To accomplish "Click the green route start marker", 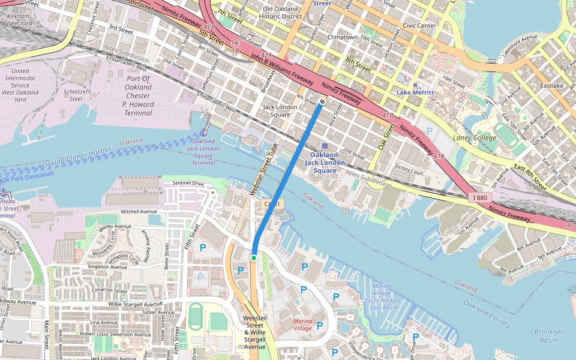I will coord(254,258).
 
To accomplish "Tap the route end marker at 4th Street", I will coord(322,102).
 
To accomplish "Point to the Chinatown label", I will coord(343,37).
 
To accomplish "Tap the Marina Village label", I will coord(302,325).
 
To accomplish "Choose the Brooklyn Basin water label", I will coord(548,335).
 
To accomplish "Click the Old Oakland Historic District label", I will coord(280,13).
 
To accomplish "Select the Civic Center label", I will coord(419,26).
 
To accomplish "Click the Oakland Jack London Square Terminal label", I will coord(203,152).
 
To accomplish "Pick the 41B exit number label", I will coord(388,115).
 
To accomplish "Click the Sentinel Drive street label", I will coord(188,182).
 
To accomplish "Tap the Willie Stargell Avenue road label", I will coord(142,304).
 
